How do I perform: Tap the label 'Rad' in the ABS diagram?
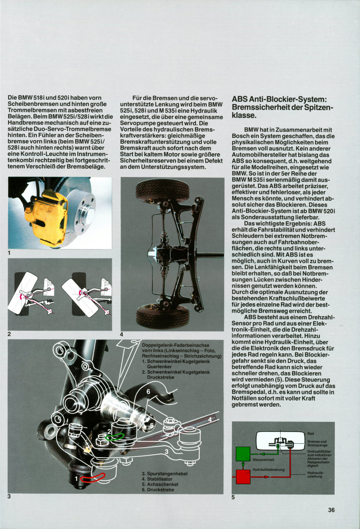coord(310,433)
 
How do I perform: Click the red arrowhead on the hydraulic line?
coord(267,477)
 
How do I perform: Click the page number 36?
coord(331,510)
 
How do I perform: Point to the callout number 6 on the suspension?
coord(148,391)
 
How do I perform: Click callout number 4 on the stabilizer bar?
coord(210,419)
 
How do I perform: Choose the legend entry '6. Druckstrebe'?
coord(158,490)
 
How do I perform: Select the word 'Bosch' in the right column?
coord(240,136)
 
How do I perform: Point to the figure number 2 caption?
coord(9,334)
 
